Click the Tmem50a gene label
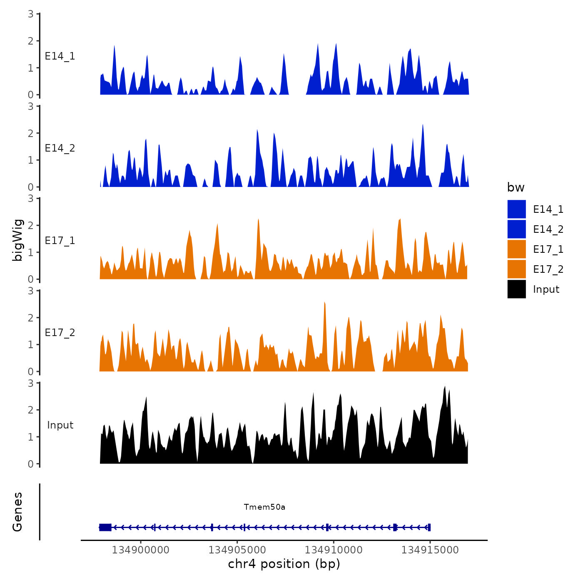click(264, 507)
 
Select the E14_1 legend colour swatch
click(516, 209)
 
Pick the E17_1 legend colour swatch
click(516, 249)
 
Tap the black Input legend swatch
click(516, 289)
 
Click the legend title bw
click(516, 187)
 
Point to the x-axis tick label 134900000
click(141, 550)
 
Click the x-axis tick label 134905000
click(237, 550)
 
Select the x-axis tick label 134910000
click(334, 550)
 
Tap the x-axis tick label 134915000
click(430, 550)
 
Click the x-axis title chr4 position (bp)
click(284, 564)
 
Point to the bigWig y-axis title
click(17, 240)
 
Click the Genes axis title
click(17, 512)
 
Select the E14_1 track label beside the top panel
click(60, 56)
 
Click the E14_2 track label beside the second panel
click(60, 148)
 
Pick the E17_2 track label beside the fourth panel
click(60, 332)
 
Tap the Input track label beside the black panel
click(60, 425)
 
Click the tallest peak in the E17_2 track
click(324, 304)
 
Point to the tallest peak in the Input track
click(445, 387)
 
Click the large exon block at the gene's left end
click(105, 527)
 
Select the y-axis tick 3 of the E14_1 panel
click(31, 14)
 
